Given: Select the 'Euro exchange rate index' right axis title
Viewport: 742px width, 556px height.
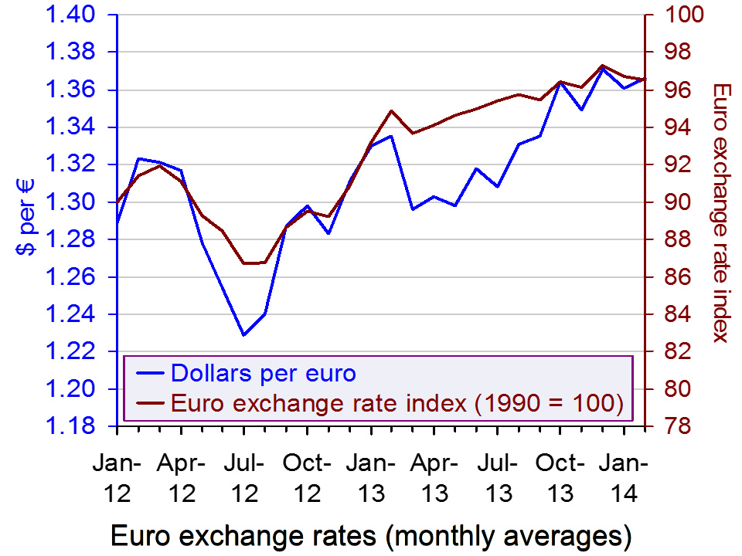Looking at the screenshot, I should [721, 212].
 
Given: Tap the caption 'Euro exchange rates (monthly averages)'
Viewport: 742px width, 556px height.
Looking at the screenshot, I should [371, 535].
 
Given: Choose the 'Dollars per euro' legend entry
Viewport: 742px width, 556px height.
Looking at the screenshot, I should [264, 374].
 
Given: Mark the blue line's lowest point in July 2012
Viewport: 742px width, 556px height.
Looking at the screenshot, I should [243, 334].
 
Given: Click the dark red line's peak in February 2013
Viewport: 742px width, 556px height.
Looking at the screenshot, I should [391, 110].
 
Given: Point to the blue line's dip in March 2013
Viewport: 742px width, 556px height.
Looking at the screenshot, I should [413, 209].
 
